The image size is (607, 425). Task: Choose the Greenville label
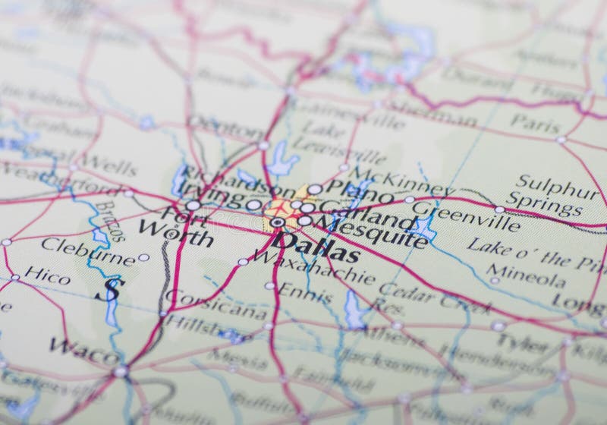tap(466, 216)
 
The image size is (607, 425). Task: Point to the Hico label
tap(47, 275)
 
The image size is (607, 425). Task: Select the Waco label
tap(84, 351)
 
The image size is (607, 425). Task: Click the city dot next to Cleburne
tap(143, 257)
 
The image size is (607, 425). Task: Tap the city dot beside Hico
tap(15, 278)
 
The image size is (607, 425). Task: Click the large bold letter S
tap(112, 288)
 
